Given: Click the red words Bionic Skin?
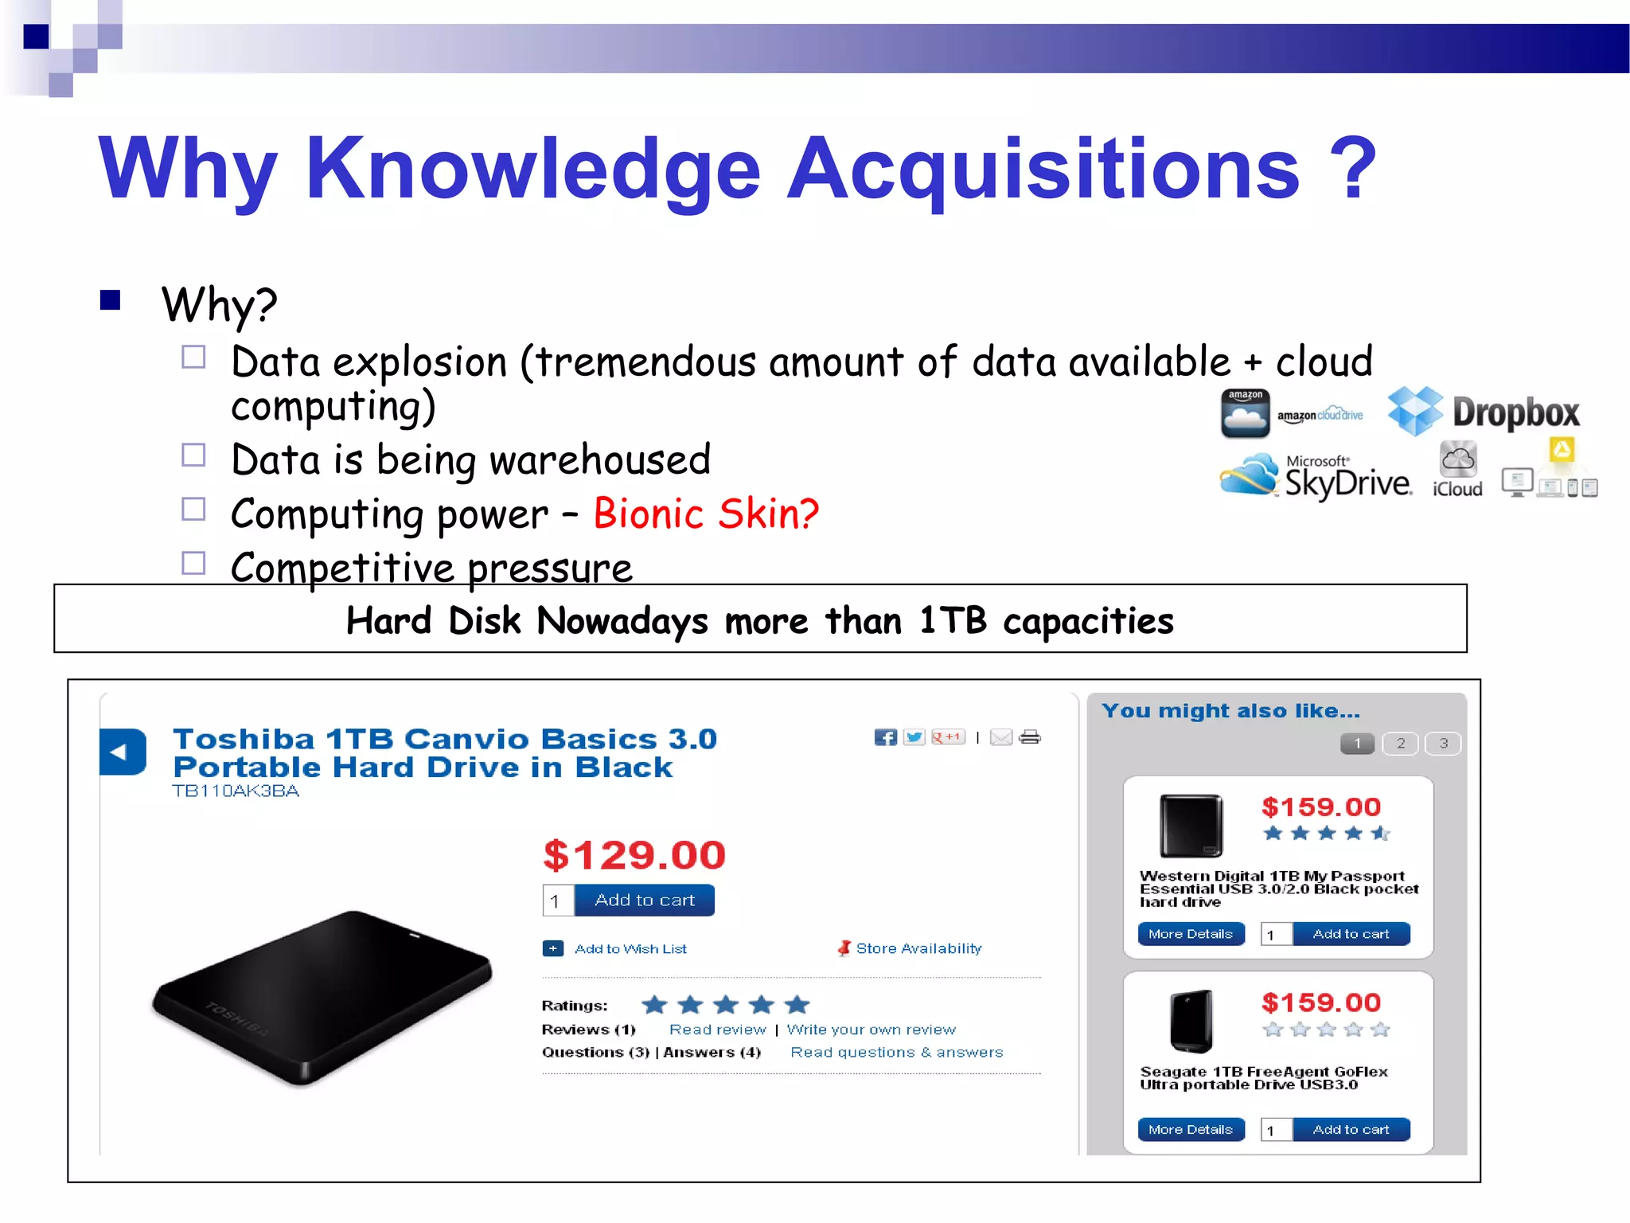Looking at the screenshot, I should [706, 514].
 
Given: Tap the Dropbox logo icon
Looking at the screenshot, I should [1415, 411].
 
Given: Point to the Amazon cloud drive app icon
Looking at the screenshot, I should [1246, 413].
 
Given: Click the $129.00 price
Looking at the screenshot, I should [634, 855].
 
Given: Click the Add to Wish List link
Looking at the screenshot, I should [630, 949].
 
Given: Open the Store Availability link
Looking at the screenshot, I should [918, 948].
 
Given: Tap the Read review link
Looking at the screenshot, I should [717, 1030].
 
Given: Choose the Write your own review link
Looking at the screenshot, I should [871, 1030].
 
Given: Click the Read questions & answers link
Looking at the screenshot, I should [896, 1053].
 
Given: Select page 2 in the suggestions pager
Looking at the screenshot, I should [1401, 744].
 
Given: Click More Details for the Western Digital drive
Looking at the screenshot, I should [1191, 934].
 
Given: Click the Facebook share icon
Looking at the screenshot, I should [885, 737].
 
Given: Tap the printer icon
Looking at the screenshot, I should [1030, 737].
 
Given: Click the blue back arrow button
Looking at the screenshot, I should [122, 752].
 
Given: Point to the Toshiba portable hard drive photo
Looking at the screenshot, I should [322, 997].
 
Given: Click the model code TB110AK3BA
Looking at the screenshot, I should [236, 791].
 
